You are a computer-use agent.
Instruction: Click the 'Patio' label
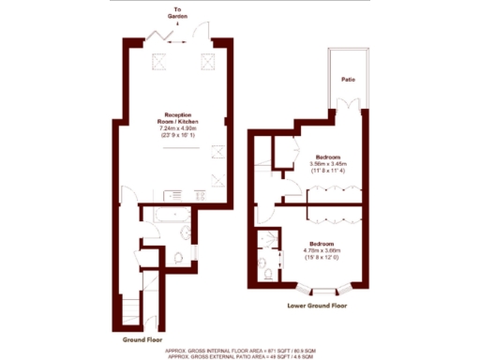click(347, 80)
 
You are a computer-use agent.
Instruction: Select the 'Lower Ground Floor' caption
click(318, 306)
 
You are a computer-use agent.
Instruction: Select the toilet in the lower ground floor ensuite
click(269, 273)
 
